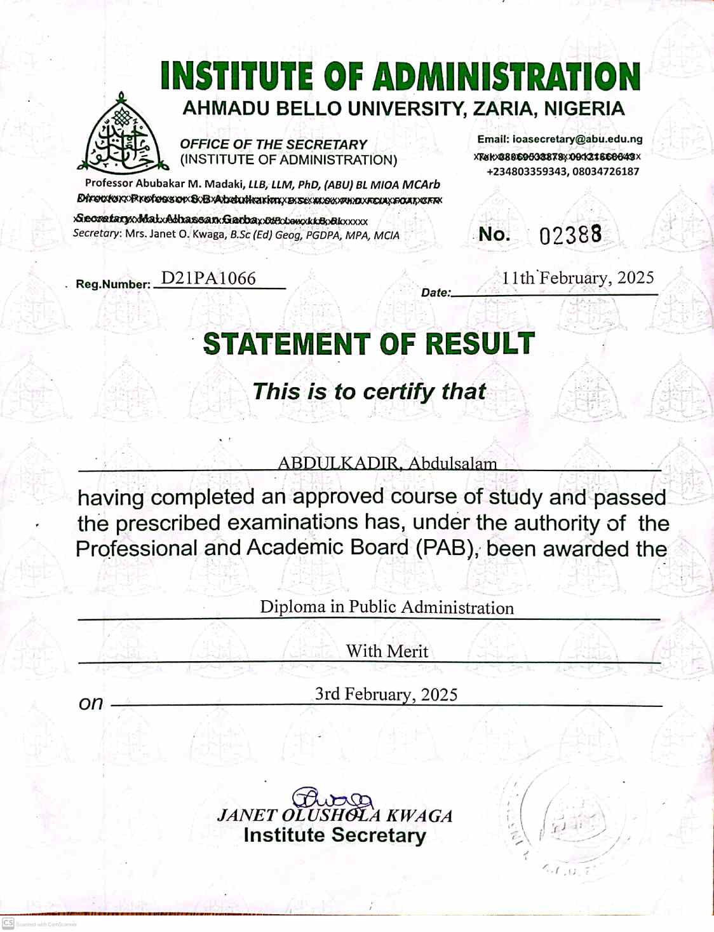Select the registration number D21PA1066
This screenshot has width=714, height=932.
point(208,278)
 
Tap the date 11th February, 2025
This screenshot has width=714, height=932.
point(577,278)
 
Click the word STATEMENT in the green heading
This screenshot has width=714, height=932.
point(286,344)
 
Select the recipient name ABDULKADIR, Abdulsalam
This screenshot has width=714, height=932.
point(387,463)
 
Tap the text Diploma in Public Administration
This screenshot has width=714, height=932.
point(386,607)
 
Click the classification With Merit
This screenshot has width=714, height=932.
point(387,651)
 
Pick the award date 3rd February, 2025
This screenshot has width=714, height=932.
point(386,694)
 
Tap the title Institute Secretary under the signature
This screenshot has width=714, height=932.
point(334,835)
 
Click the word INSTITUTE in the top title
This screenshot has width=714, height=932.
point(237,76)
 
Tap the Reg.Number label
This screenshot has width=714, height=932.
point(112,284)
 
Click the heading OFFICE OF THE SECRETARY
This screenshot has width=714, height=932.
point(273,144)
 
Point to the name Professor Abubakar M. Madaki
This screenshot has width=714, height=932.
point(165,184)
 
